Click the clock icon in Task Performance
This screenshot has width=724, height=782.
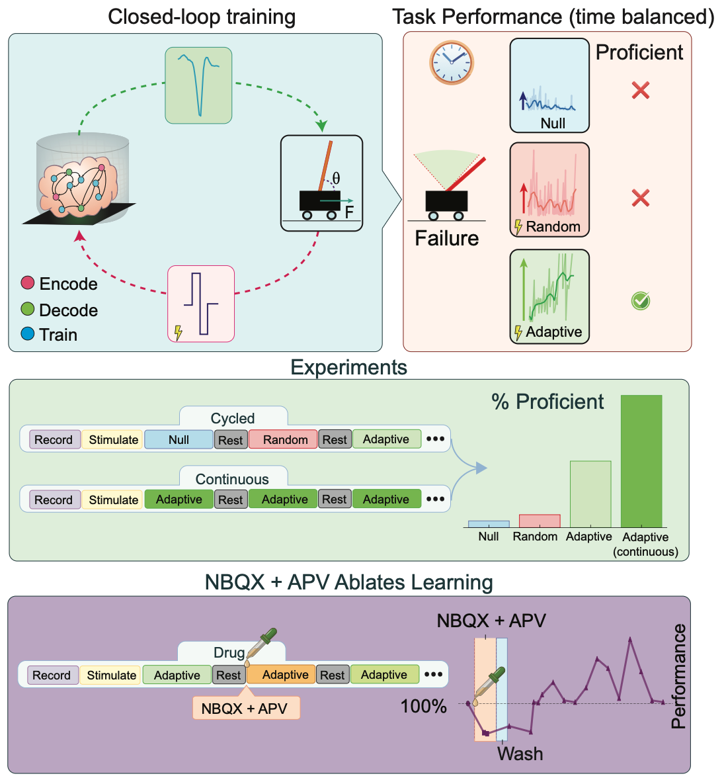452,62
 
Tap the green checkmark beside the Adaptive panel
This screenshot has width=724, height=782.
640,301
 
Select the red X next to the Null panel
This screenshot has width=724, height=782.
640,90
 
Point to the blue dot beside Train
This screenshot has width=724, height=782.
27,334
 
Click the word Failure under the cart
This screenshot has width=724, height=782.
446,238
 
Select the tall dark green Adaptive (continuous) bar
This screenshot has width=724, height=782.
641,460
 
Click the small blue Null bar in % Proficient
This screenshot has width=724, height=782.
489,524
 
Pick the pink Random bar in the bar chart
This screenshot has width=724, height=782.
540,521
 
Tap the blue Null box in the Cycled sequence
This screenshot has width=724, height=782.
179,439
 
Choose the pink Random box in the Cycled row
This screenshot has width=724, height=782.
285,439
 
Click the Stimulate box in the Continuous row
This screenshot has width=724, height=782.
114,500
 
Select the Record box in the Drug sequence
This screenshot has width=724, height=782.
52,675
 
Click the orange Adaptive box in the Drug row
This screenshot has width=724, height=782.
285,675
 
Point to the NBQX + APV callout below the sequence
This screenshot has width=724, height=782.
245,708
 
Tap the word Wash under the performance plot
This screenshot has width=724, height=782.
520,754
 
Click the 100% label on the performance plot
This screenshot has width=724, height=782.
424,706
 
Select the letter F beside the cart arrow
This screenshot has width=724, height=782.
349,212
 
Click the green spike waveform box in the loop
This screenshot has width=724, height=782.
198,85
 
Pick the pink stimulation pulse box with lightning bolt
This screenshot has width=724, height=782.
201,304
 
